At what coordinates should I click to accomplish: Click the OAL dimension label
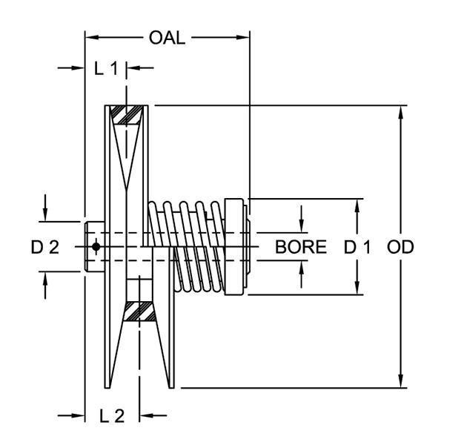(167, 37)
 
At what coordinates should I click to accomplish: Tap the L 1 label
(106, 69)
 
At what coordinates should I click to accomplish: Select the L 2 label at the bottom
(111, 416)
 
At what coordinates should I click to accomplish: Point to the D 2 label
(44, 247)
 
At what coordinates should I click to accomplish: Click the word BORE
(301, 247)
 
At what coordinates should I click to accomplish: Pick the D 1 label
(357, 247)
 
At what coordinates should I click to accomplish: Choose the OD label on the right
(400, 247)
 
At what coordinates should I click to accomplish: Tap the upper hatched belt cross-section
(127, 115)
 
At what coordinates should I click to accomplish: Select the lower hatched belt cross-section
(139, 311)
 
